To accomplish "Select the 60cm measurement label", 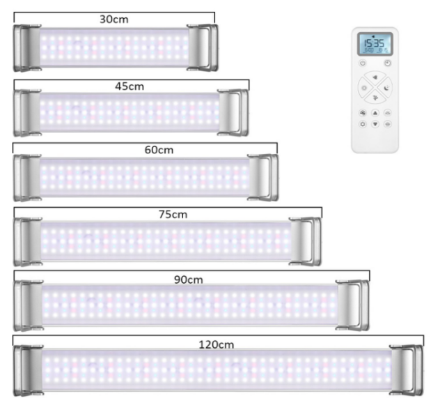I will point(159,149).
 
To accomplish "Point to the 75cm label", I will point(173,214).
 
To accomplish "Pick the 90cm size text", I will point(188,279).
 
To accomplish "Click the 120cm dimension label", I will point(217,344).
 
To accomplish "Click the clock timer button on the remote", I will point(387,63).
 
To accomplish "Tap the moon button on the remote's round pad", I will point(386,89).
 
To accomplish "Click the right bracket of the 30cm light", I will point(203,47).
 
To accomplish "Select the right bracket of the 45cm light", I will point(233,112).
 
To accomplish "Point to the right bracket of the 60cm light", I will point(263,176).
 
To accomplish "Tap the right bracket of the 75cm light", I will point(306,240).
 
